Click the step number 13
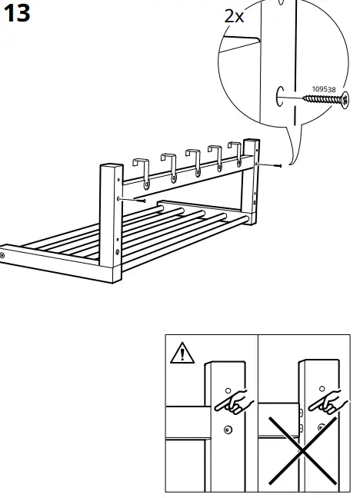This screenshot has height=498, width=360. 17,13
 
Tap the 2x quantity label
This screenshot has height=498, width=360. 234,15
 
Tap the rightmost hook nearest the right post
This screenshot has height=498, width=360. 237,151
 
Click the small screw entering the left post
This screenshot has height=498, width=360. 139,199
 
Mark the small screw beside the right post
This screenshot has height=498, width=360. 278,164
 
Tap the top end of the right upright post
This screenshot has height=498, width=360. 250,143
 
